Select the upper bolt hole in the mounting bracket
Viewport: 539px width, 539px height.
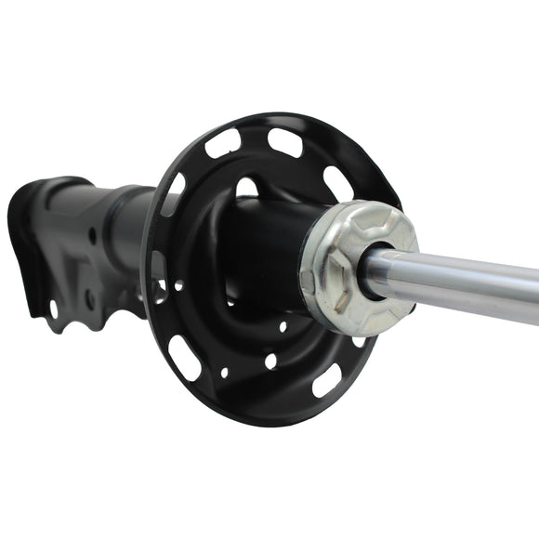[92, 236]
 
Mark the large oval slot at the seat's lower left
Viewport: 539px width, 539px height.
[185, 358]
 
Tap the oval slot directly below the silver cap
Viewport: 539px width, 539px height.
[326, 379]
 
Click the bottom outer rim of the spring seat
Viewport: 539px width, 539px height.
[269, 418]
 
